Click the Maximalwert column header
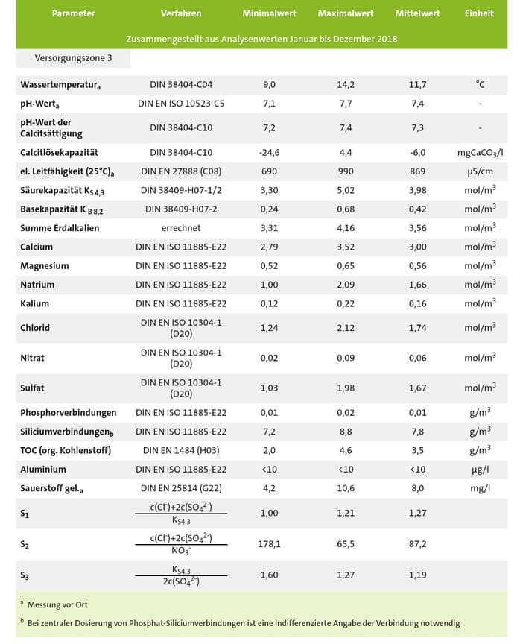click(x=345, y=13)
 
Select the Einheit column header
click(x=480, y=13)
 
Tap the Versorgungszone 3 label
click(x=74, y=57)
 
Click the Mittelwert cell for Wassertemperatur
click(x=417, y=85)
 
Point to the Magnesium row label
click(x=45, y=266)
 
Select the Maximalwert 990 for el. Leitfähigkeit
click(x=345, y=171)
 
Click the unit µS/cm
click(x=480, y=171)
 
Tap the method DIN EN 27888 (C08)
click(x=181, y=171)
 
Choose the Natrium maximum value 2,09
click(x=345, y=285)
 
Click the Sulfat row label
click(x=33, y=388)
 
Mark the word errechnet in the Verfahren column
click(x=181, y=228)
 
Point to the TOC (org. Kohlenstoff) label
click(x=67, y=450)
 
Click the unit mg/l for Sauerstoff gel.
click(x=480, y=487)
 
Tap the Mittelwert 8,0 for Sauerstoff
click(x=417, y=487)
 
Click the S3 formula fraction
click(x=181, y=576)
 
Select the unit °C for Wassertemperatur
click(x=480, y=85)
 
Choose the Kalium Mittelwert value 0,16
click(x=417, y=303)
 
